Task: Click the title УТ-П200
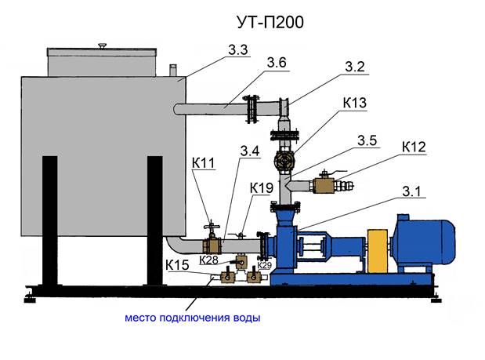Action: [270, 22]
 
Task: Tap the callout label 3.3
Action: [238, 50]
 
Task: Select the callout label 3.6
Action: [277, 63]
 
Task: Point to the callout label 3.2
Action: [355, 67]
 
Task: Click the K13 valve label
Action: [355, 103]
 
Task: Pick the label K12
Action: [414, 147]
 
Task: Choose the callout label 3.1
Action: [411, 191]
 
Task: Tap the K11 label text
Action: [203, 163]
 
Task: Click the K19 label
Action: [262, 188]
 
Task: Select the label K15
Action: [177, 265]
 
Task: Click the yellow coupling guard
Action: [378, 251]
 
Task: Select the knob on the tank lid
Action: [102, 46]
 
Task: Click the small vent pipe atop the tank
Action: [173, 70]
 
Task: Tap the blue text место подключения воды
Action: [193, 318]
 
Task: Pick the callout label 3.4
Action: [250, 151]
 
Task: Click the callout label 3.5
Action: [367, 141]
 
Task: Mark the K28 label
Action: [208, 260]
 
